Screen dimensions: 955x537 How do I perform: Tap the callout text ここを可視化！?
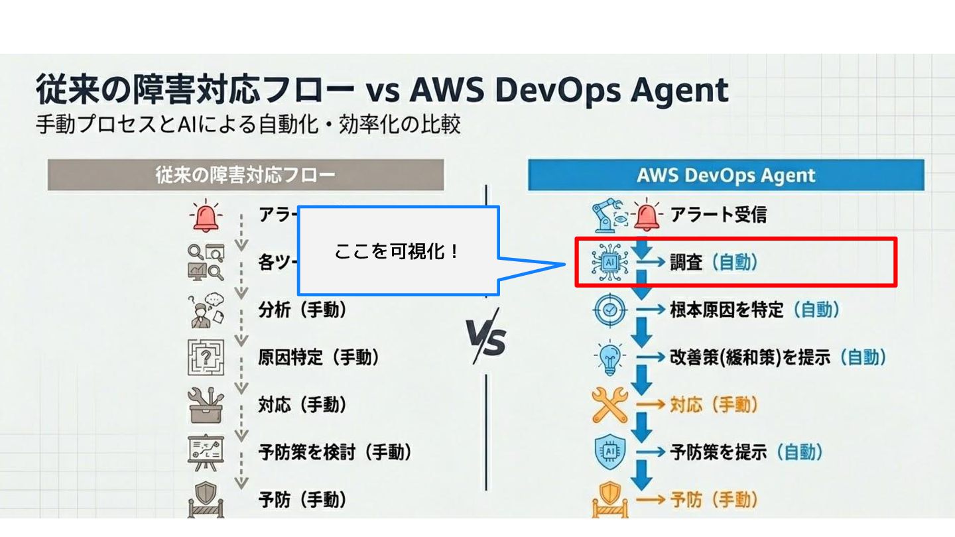(x=397, y=251)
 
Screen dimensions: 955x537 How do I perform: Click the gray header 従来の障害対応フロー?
(x=245, y=175)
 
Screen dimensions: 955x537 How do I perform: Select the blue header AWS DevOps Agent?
(x=726, y=175)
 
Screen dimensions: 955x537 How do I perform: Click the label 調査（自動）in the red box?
(x=714, y=263)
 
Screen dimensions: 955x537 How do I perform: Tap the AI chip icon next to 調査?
(x=607, y=263)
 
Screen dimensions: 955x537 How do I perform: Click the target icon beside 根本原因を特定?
(x=609, y=310)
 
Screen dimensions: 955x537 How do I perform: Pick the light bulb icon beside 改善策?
(x=609, y=358)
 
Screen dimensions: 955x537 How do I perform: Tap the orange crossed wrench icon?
(x=609, y=405)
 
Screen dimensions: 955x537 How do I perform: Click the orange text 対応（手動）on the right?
(x=714, y=405)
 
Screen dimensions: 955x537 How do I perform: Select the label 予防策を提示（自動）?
(x=746, y=452)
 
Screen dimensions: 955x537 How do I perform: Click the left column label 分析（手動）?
(x=302, y=310)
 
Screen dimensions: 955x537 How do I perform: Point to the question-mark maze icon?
(x=206, y=357)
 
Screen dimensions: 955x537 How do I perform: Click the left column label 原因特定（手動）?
(x=318, y=358)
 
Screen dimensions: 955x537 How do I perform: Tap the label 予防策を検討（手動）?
(x=335, y=452)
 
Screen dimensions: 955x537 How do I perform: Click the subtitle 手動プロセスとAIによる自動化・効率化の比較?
(x=248, y=125)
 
